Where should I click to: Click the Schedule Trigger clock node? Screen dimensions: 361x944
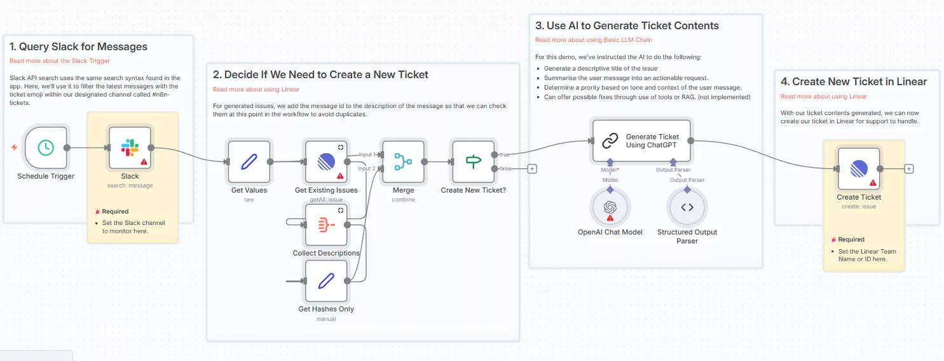46,147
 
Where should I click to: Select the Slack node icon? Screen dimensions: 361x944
130,147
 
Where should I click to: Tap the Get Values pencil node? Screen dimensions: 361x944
249,161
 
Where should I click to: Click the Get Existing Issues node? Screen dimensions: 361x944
326,161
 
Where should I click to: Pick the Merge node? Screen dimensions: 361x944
403,161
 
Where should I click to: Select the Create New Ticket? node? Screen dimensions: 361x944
474,161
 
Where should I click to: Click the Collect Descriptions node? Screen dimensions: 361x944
326,224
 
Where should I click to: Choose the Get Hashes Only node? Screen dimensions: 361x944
326,280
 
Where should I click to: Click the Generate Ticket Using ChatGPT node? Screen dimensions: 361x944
641,141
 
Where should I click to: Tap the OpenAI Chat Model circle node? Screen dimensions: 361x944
610,207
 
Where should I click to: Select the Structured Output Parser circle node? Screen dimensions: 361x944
687,207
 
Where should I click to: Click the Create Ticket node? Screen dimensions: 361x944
859,168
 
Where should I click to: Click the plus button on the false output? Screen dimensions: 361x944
532,168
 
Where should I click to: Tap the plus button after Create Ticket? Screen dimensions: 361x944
909,168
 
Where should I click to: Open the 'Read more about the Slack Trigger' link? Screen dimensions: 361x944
60,61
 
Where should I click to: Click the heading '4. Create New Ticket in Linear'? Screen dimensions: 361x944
854,81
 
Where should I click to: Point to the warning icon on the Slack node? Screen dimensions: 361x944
144,162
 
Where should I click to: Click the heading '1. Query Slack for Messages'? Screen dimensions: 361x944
78,46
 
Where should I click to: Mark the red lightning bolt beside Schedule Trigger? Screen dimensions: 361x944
15,147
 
